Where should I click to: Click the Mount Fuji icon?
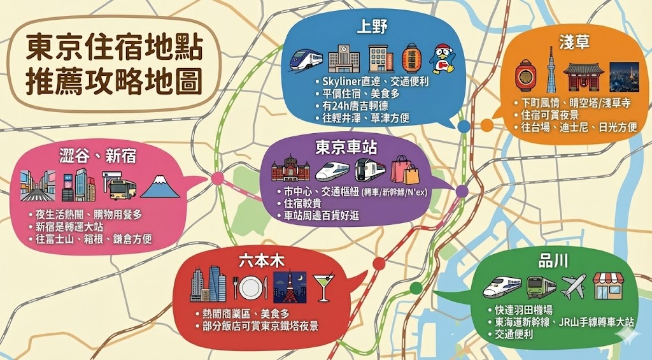click(x=160, y=185)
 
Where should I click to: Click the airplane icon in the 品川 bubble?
click(x=573, y=286)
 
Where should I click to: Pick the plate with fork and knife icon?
click(x=250, y=288)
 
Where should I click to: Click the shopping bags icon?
click(x=405, y=170)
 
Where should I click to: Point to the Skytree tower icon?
click(x=549, y=71)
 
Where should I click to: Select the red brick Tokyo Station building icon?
click(x=290, y=170)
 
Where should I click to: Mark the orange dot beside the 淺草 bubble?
click(x=486, y=125)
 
